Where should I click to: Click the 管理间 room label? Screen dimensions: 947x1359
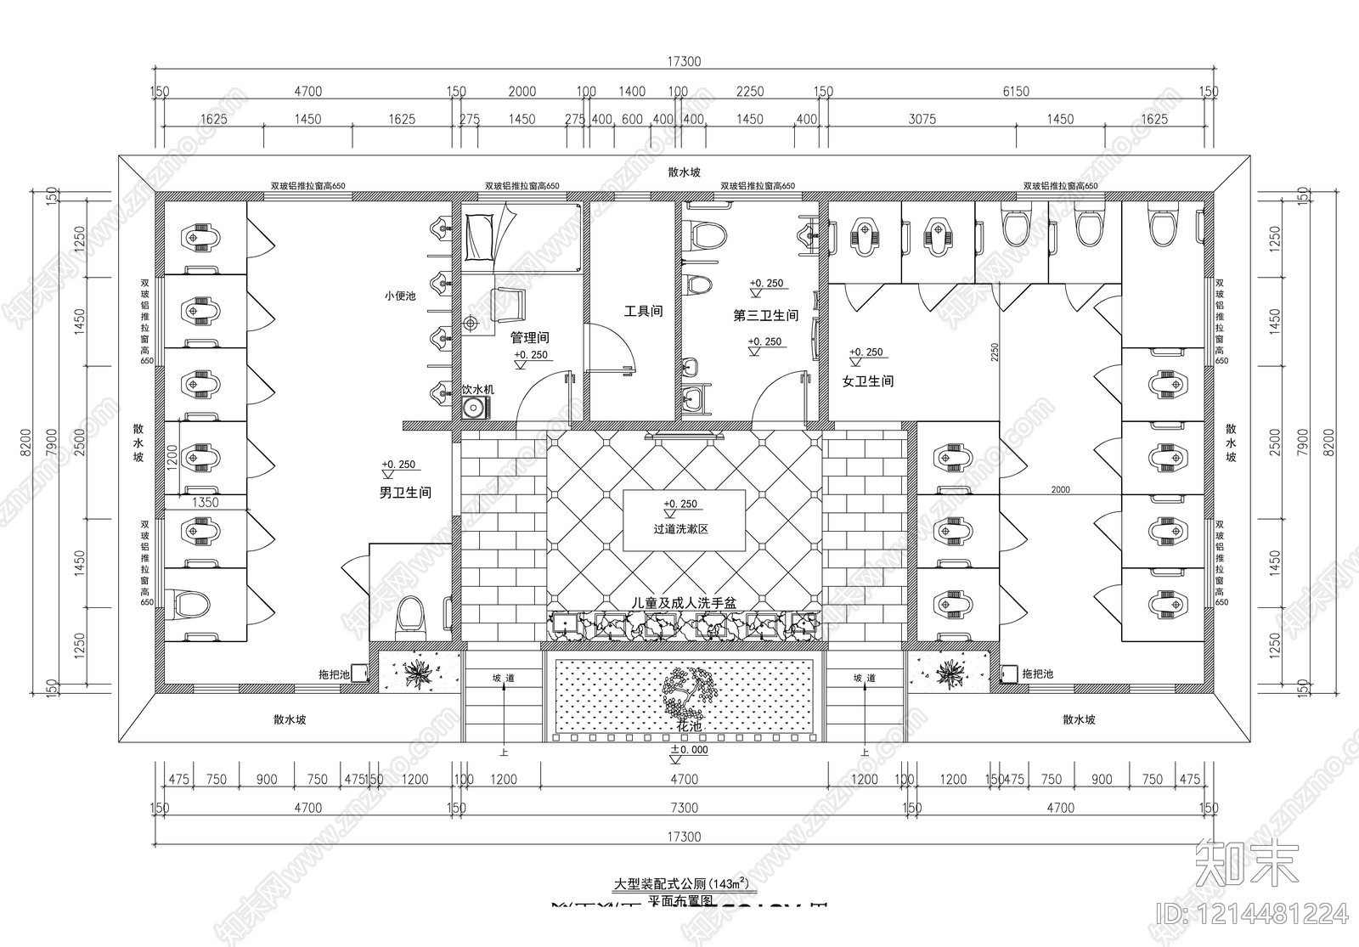[530, 337]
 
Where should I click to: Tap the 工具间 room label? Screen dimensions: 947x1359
[643, 312]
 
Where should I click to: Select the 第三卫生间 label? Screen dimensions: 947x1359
[766, 316]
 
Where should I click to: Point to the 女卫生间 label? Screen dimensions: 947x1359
[868, 381]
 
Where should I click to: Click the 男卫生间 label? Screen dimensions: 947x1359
[405, 493]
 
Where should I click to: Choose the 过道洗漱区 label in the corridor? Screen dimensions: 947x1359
[680, 529]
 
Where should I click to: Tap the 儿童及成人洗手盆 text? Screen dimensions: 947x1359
[683, 602]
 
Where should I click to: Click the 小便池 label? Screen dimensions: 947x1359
[399, 296]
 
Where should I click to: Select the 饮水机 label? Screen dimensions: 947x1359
[477, 390]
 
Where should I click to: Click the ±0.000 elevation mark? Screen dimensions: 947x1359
[689, 750]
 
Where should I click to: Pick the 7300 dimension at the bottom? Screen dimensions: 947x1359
[684, 808]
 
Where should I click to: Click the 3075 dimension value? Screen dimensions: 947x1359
[922, 120]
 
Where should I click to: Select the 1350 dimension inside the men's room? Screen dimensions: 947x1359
[205, 502]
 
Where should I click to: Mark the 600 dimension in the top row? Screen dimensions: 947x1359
[632, 120]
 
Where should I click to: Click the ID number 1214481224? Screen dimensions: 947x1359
[1253, 914]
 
